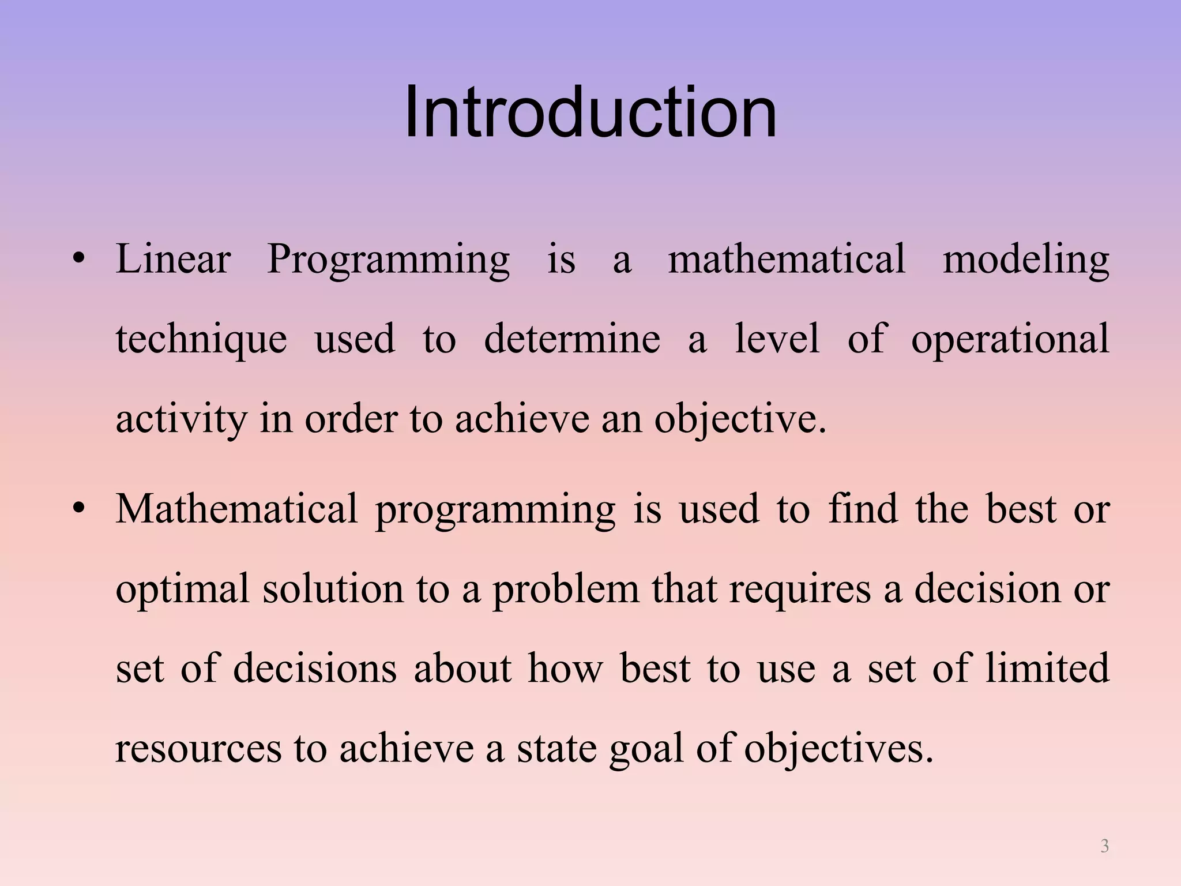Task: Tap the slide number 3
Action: pyautogui.click(x=1104, y=846)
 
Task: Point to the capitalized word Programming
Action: pyautogui.click(x=388, y=261)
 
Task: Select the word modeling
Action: pyautogui.click(x=1026, y=261)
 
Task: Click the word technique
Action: pyautogui.click(x=201, y=340)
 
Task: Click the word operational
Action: pyautogui.click(x=1010, y=340)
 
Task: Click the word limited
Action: pyautogui.click(x=1047, y=668)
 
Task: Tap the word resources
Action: pyautogui.click(x=198, y=748)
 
